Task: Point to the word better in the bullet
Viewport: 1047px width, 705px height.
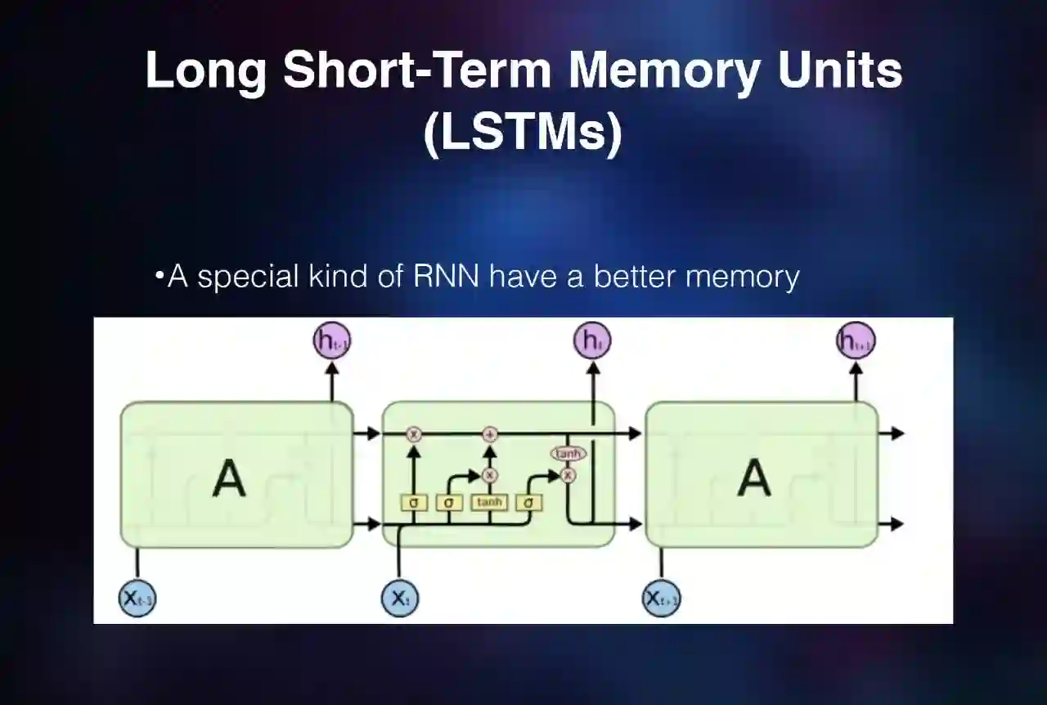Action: tap(635, 276)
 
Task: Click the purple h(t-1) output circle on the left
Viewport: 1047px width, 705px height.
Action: tap(332, 341)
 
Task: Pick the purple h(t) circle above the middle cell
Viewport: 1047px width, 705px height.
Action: tap(593, 341)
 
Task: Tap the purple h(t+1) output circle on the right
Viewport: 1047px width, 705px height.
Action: tap(856, 341)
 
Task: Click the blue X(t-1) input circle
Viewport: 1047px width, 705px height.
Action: tap(137, 598)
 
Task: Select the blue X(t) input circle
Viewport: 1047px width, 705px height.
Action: tap(399, 598)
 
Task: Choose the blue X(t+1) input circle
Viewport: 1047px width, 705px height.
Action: tap(662, 598)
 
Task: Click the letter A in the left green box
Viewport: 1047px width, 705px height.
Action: tap(229, 478)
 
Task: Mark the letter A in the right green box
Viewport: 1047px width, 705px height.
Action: tap(754, 478)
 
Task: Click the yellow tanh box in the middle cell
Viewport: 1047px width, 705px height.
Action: tap(489, 502)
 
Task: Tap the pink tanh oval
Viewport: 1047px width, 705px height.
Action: tap(568, 454)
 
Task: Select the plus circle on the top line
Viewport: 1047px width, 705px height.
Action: tap(490, 434)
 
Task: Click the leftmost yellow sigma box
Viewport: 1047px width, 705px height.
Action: tap(414, 502)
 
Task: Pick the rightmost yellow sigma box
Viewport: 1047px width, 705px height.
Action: tap(529, 502)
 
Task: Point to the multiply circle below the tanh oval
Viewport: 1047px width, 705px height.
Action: tap(568, 474)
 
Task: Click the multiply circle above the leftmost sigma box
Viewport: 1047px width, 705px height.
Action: tap(414, 434)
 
